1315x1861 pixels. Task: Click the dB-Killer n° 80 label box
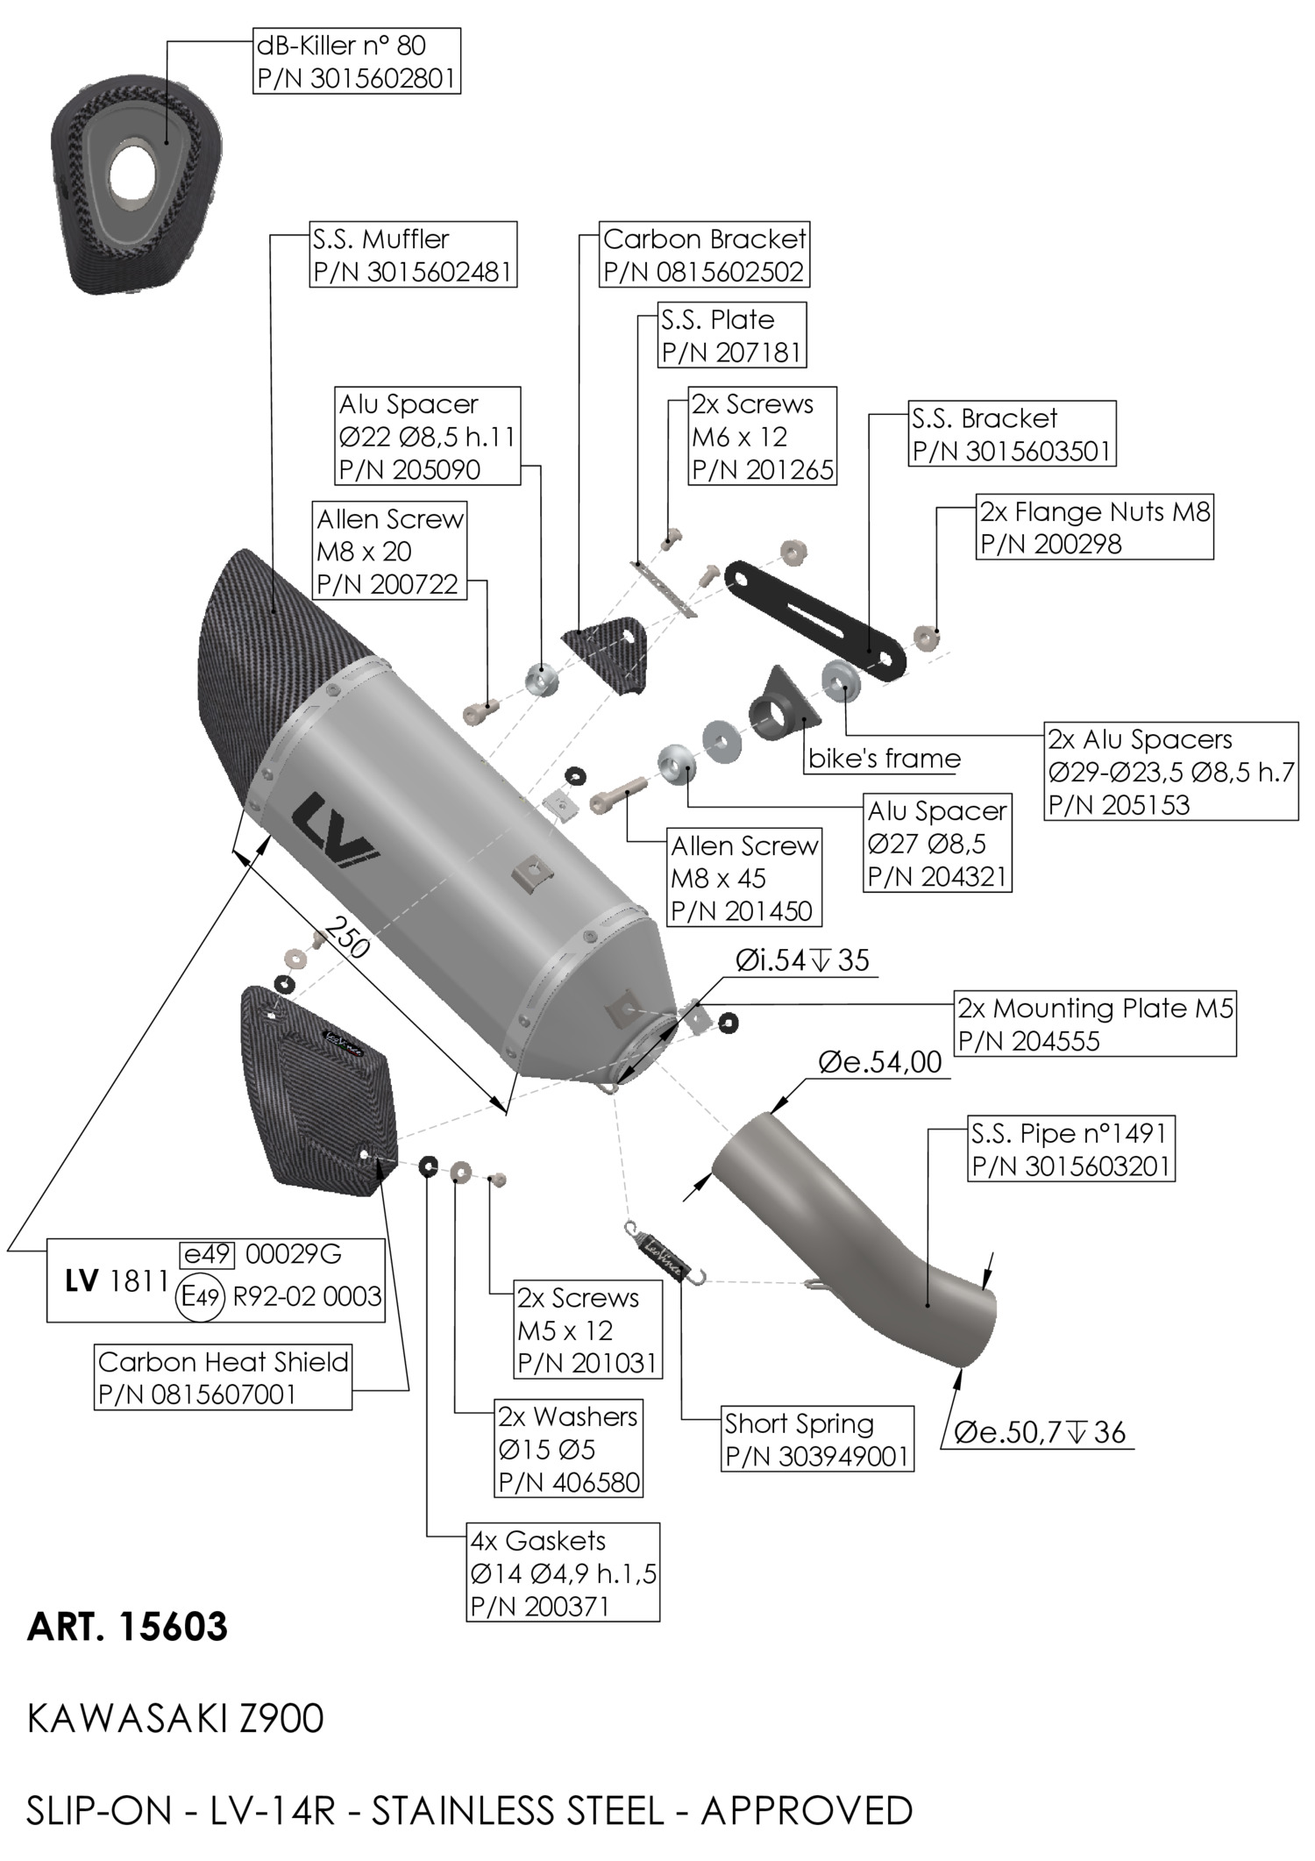[356, 61]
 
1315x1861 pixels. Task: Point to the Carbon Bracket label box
[704, 254]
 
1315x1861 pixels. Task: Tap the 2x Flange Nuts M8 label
[1094, 526]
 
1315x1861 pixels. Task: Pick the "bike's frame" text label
[884, 758]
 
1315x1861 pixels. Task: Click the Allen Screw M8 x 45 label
[743, 877]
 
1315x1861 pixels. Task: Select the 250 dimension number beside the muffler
[346, 937]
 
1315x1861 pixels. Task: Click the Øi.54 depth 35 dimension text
[802, 960]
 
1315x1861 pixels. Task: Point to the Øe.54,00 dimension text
[879, 1062]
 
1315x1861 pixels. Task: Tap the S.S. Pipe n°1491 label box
[1070, 1149]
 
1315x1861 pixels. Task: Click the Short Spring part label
[816, 1439]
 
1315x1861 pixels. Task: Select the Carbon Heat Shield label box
[223, 1377]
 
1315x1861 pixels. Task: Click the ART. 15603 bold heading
[128, 1627]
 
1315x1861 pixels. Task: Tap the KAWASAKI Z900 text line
[175, 1718]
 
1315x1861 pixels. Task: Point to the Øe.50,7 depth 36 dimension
[1039, 1432]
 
